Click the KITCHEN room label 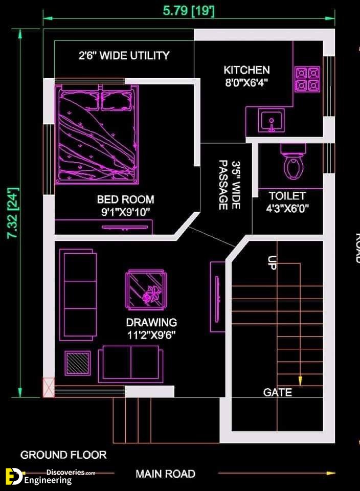tap(246, 70)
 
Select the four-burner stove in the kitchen tap(307, 79)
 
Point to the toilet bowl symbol tap(294, 162)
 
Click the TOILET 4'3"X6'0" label tap(287, 202)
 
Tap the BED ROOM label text tap(125, 199)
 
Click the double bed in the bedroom tap(97, 134)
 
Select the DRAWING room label tap(151, 322)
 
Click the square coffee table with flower tap(146, 291)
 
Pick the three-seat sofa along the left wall tap(78, 295)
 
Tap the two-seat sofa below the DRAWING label tap(130, 364)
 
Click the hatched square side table tap(78, 363)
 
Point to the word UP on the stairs tap(272, 263)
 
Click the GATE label tap(277, 392)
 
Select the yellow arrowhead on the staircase tap(300, 381)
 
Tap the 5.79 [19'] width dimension tap(189, 11)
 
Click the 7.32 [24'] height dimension tap(13, 213)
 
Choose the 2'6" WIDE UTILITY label tap(124, 55)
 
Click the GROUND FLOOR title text tap(63, 455)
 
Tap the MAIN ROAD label tap(166, 474)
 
